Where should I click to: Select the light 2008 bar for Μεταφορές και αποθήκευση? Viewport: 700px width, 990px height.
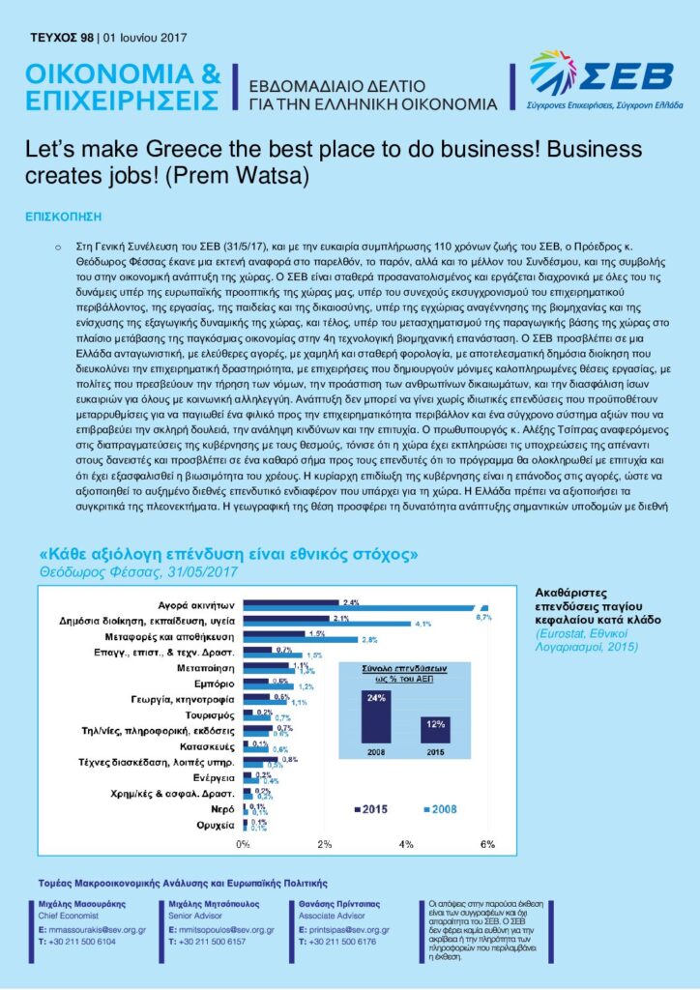pyautogui.click(x=300, y=639)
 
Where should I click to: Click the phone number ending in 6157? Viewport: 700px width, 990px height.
pyautogui.click(x=205, y=940)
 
